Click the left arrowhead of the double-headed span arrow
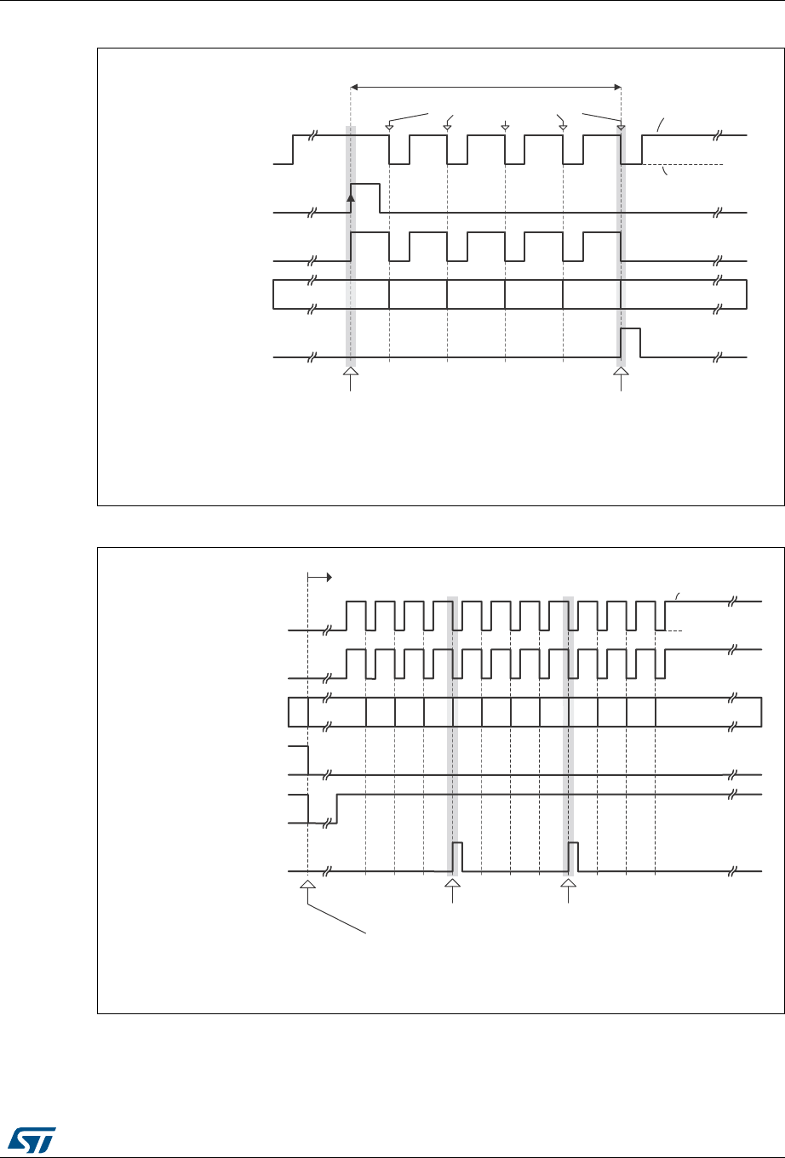(x=356, y=86)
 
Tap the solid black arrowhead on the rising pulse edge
(x=351, y=197)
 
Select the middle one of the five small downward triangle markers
(x=505, y=128)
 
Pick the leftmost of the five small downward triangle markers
(x=389, y=128)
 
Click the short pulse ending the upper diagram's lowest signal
(x=631, y=343)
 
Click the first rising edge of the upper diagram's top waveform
(x=293, y=149)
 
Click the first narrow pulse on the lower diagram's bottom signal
(x=457, y=857)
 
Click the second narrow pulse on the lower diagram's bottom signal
(x=573, y=857)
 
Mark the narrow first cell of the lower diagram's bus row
(x=298, y=712)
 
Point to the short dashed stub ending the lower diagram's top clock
(x=676, y=630)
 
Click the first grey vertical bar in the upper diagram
(x=351, y=247)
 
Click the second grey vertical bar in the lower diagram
(x=568, y=732)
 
